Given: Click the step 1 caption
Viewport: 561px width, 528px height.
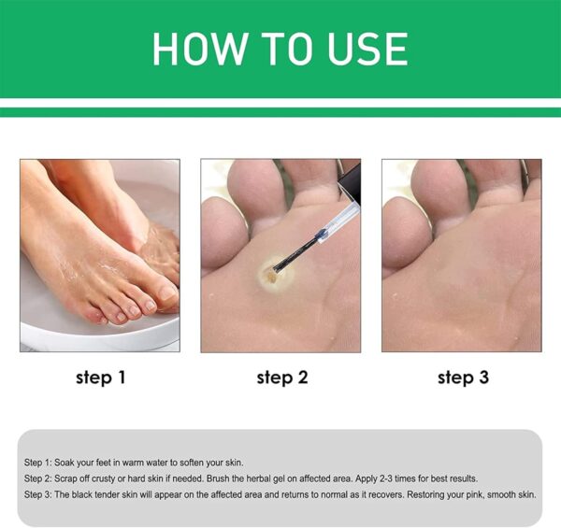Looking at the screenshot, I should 100,378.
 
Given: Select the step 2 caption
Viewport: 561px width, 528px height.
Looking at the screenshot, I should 280,378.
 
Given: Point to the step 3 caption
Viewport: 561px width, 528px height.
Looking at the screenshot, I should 462,378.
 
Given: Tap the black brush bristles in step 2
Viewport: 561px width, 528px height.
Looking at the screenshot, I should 281,261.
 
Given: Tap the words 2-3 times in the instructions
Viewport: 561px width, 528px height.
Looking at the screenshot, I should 409,479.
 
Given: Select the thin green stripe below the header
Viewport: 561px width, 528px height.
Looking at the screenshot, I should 280,112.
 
